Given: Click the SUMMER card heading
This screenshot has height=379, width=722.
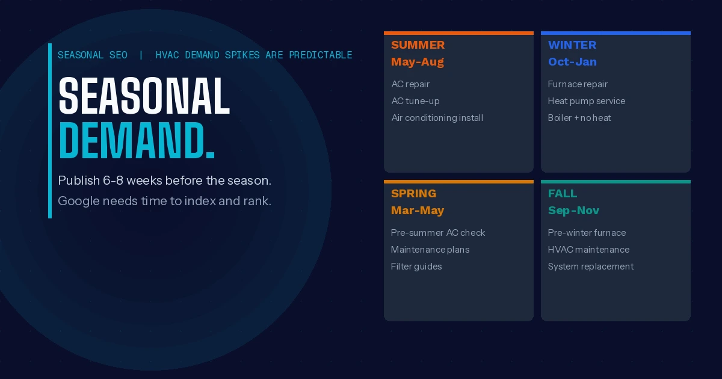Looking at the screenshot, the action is [x=418, y=45].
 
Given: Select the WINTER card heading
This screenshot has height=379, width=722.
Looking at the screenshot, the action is [x=572, y=45].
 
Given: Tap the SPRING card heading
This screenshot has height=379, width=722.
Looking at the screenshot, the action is [x=413, y=194].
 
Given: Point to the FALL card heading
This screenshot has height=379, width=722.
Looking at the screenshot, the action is [x=563, y=194].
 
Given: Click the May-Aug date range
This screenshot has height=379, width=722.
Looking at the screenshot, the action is [x=418, y=62].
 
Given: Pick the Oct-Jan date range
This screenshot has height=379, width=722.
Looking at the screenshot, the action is [x=572, y=62].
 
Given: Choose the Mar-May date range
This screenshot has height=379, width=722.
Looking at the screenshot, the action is [x=418, y=211].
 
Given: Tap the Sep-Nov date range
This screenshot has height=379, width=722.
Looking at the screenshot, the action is [x=574, y=211].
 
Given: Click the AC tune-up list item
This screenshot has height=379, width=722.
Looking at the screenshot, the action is [x=416, y=101].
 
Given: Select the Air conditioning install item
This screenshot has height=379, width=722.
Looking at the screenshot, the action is [x=437, y=118].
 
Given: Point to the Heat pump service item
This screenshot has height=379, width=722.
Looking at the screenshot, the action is [x=587, y=101].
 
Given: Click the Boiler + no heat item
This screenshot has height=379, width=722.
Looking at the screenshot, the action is [x=579, y=118].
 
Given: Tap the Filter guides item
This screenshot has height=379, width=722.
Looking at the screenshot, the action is [x=416, y=267].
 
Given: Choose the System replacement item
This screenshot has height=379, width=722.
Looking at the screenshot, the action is [x=591, y=267].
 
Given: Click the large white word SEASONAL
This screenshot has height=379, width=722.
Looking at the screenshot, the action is [x=144, y=96].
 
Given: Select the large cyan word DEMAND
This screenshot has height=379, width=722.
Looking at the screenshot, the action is [x=137, y=141].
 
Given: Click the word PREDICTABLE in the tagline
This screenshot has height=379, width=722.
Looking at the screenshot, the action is [x=321, y=55].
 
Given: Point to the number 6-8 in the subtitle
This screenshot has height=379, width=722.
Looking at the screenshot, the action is [x=113, y=180].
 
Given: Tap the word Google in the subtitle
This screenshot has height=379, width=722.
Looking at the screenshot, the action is [x=79, y=202].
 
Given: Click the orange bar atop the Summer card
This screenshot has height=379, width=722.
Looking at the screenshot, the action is [x=458, y=33].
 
